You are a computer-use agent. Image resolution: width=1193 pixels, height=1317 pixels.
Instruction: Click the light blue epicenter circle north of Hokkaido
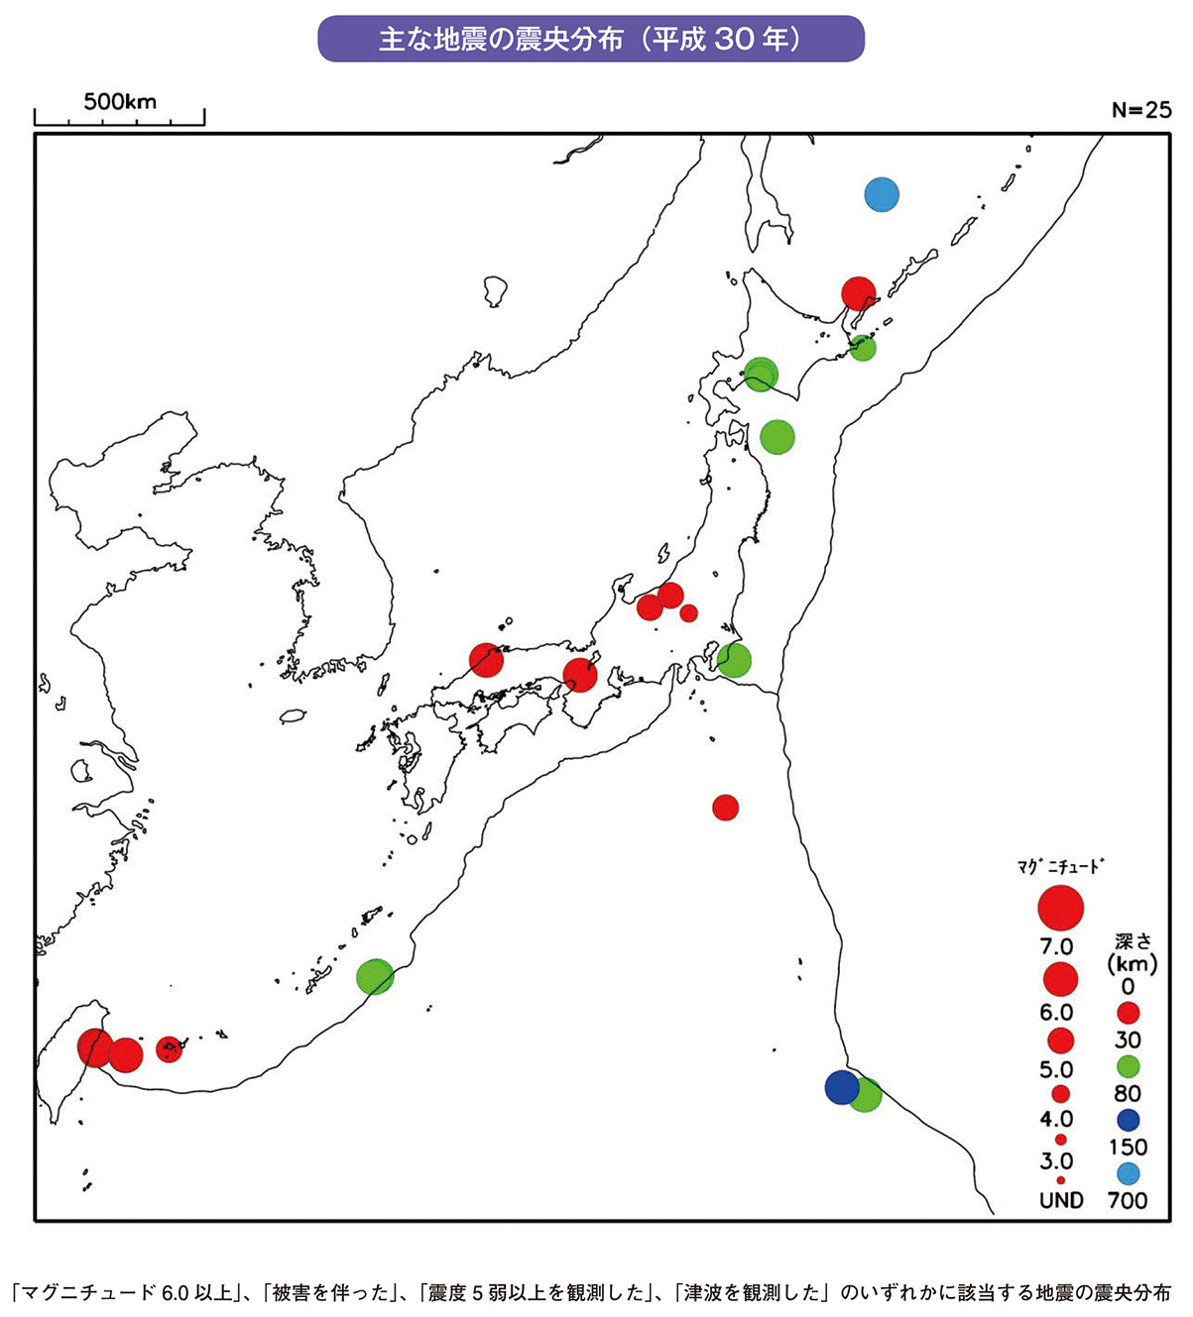tap(881, 195)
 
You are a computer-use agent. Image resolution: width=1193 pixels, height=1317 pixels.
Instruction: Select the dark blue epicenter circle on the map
tap(842, 1087)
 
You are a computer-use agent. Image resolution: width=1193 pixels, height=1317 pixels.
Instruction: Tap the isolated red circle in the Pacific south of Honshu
tap(725, 807)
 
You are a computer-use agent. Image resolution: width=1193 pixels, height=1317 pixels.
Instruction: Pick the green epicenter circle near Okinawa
tap(375, 977)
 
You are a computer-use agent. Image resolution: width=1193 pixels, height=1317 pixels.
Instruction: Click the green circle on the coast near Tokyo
tap(735, 659)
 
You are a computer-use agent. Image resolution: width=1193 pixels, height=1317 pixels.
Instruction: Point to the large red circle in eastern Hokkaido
tap(859, 293)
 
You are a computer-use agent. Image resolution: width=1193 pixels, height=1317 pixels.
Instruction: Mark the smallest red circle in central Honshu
tap(688, 612)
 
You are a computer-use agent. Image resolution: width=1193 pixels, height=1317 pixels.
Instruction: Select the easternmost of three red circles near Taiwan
tap(169, 1048)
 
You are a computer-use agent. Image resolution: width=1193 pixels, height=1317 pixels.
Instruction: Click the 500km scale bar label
tap(120, 102)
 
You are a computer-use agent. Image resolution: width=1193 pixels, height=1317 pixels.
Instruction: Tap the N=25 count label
tap(1140, 110)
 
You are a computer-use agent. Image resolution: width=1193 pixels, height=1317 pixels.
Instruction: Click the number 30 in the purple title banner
tap(734, 40)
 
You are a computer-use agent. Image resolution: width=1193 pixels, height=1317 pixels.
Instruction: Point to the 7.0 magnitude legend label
tap(1056, 946)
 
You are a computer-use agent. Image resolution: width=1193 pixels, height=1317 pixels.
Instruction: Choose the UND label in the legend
tap(1061, 1200)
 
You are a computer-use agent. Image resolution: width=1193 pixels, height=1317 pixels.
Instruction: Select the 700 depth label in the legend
tap(1128, 1200)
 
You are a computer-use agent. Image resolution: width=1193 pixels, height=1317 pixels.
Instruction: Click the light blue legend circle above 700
tap(1128, 1174)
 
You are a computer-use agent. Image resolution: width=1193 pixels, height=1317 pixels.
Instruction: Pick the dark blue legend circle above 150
tap(1128, 1120)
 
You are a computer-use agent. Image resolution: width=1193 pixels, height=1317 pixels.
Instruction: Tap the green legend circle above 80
tap(1128, 1066)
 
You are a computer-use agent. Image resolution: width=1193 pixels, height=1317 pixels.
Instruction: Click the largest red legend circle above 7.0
tap(1060, 908)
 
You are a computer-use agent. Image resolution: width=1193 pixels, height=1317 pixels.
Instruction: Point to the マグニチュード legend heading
tap(1060, 867)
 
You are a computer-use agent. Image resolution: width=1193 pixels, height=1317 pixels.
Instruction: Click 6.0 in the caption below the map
tap(176, 1292)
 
